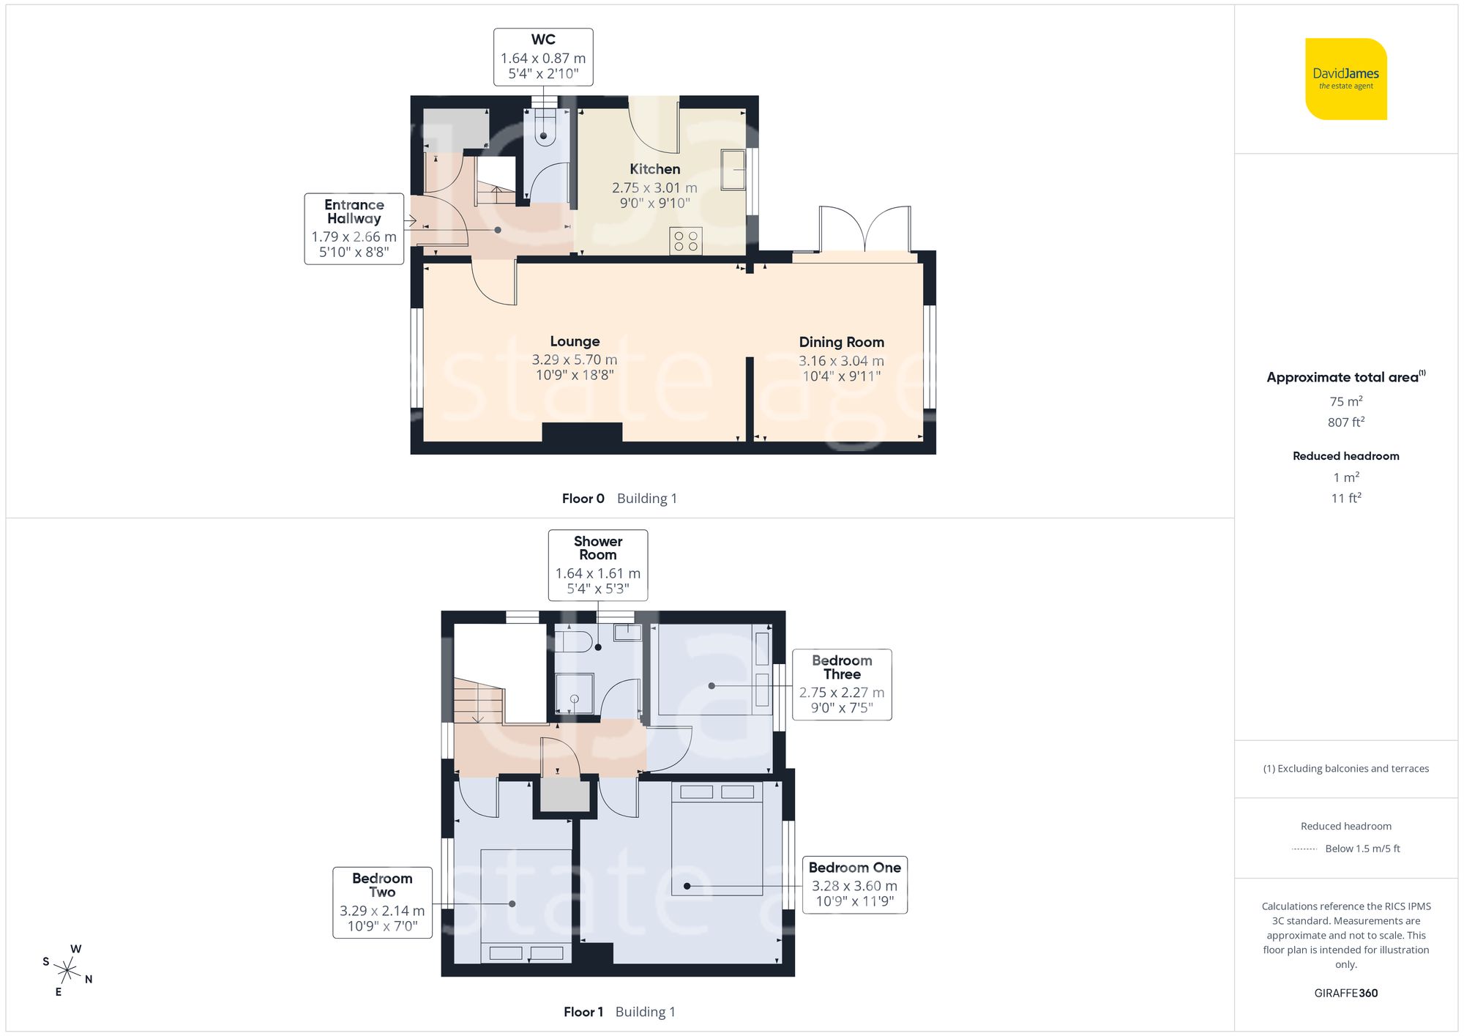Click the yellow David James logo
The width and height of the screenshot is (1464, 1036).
pos(1345,79)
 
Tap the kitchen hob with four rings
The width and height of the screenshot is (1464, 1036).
pos(686,242)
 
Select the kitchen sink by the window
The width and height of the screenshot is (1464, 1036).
pos(733,170)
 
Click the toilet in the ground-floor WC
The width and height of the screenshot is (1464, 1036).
pos(544,129)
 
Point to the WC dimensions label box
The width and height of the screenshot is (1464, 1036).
pos(543,57)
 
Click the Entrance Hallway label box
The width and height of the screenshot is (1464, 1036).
pos(354,228)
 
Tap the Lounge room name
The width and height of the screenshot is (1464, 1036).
pos(575,341)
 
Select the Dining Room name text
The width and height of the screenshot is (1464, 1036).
pos(841,342)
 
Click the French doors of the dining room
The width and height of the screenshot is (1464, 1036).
pos(865,230)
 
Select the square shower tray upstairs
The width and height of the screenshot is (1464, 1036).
pos(574,693)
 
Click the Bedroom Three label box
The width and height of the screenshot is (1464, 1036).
pos(842,685)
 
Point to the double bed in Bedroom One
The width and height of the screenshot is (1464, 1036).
pos(717,838)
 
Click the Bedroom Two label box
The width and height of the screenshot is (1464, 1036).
pos(382,902)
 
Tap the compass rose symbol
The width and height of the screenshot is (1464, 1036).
pos(67,971)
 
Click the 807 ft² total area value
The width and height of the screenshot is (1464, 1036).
pos(1345,422)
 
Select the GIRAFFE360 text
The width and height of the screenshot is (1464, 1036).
pos(1345,993)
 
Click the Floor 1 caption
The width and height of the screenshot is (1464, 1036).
pos(583,1012)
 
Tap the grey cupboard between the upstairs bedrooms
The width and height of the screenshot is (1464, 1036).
pos(564,796)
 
